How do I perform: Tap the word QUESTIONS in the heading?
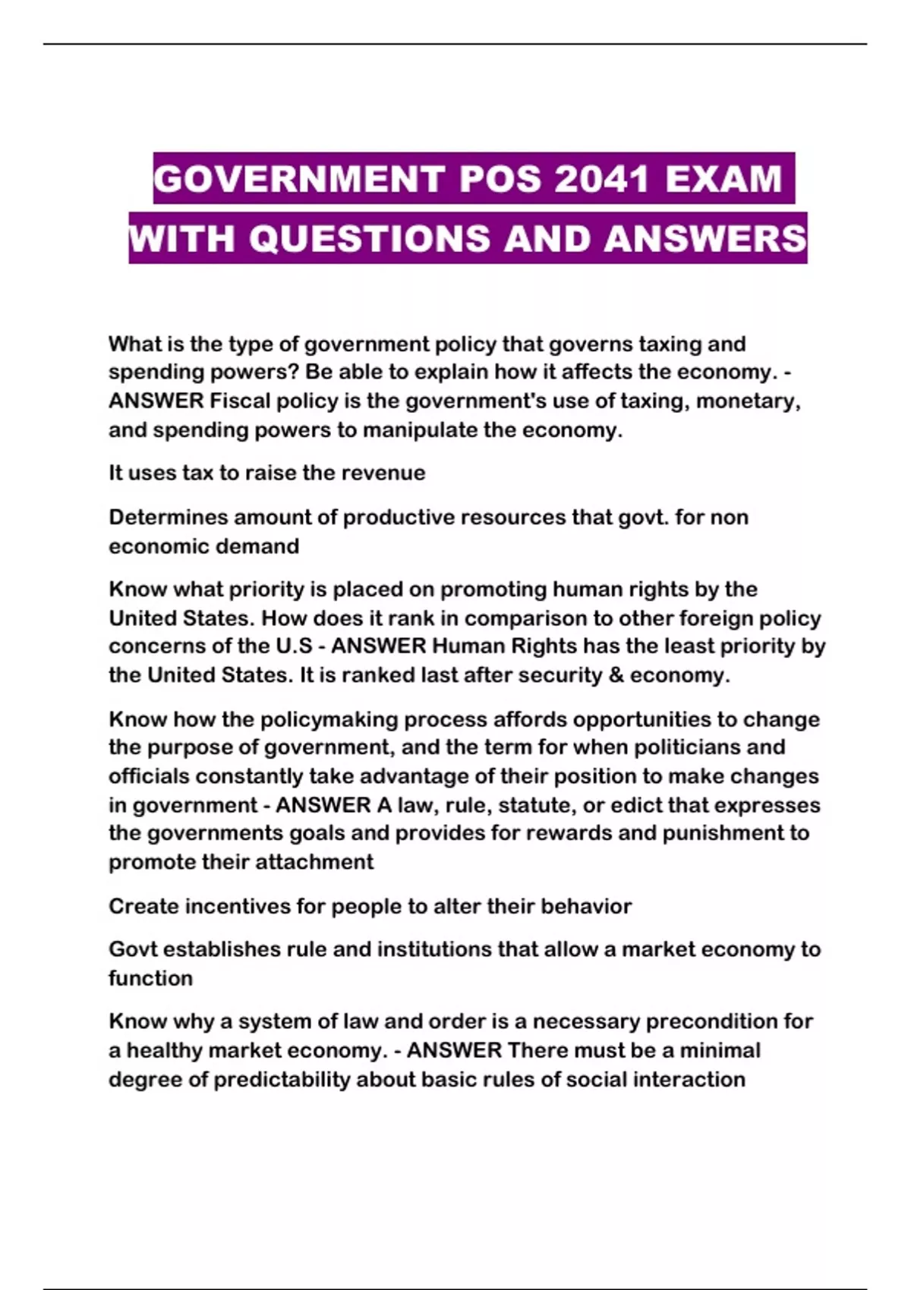pyautogui.click(x=370, y=238)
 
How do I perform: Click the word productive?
pyautogui.click(x=399, y=517)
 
